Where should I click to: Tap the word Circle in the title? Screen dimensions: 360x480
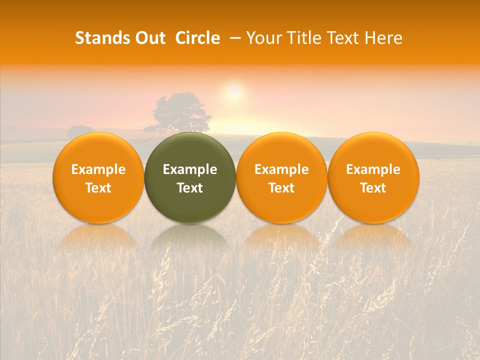click(197, 38)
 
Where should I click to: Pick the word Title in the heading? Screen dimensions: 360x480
click(304, 38)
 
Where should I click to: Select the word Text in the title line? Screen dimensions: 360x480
click(343, 38)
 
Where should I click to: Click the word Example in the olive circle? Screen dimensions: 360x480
click(190, 169)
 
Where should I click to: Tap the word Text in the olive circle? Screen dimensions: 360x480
click(190, 188)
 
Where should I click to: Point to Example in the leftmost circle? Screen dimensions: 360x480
click(98, 169)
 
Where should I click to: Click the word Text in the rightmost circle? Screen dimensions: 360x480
click(373, 188)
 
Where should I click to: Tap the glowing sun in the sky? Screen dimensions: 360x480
click(233, 92)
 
